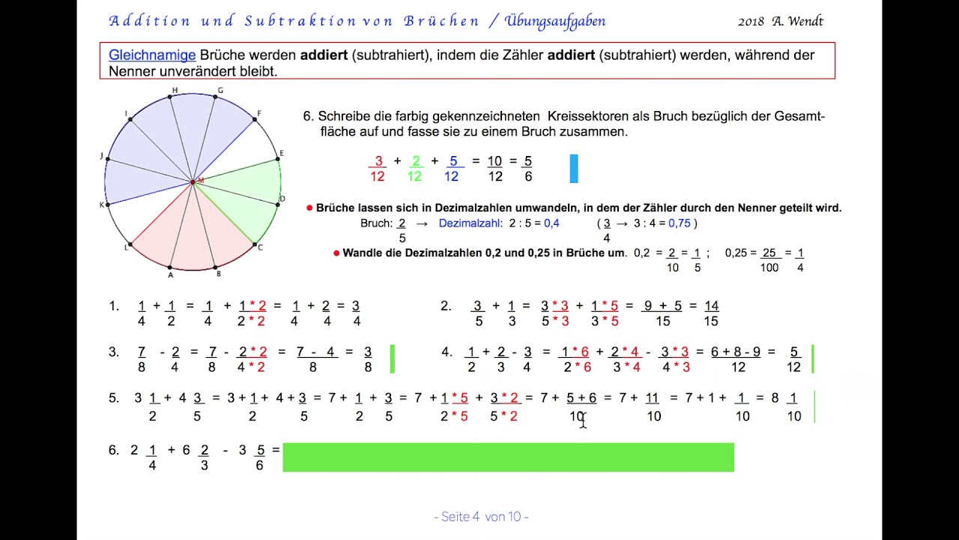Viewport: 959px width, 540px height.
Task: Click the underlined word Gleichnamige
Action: click(152, 55)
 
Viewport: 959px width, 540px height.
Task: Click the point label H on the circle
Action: click(175, 91)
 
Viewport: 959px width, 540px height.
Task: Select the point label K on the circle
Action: click(102, 205)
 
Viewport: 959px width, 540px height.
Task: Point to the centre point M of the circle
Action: click(193, 181)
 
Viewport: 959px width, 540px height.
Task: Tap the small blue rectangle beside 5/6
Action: click(574, 169)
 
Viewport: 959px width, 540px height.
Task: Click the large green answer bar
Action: click(508, 457)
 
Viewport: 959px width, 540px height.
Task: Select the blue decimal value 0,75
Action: click(680, 223)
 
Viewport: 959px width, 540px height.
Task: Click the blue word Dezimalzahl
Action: click(470, 223)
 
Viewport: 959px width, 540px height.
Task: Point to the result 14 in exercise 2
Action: click(711, 306)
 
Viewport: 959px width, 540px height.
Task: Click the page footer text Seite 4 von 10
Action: click(480, 517)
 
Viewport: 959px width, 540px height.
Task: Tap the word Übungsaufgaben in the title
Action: click(555, 21)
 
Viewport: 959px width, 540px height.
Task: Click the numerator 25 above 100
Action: click(769, 253)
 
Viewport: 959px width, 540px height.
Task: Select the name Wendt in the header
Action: click(804, 21)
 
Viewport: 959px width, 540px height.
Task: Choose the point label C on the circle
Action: click(260, 247)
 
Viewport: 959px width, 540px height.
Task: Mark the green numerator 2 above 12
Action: click(416, 161)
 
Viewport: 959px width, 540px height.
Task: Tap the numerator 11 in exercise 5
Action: click(652, 398)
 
